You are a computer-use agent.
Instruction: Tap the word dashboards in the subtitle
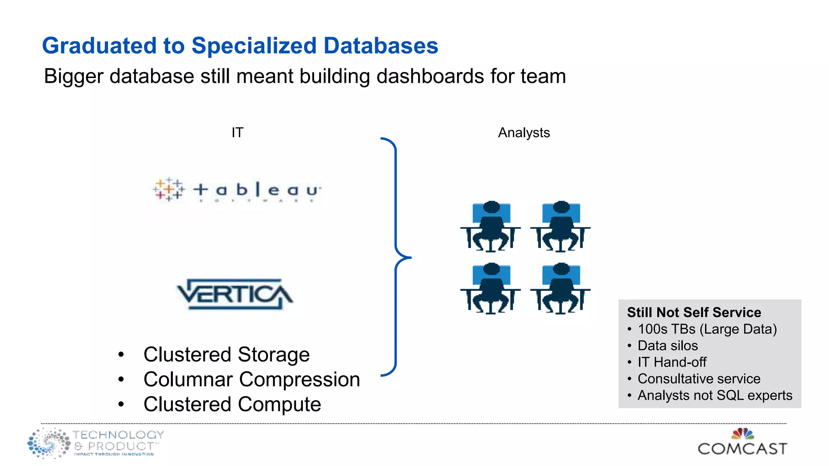pos(430,76)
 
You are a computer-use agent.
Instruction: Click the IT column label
pos(237,133)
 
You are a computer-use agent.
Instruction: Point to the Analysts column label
pos(523,133)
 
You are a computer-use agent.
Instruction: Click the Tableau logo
pos(237,189)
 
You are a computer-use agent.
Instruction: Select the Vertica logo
pos(235,294)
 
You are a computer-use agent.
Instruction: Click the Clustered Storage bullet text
pos(226,355)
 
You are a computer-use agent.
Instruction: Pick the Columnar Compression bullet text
pos(251,379)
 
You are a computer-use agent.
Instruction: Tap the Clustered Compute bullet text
pos(232,405)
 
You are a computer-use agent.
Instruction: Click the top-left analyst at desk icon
pos(491,227)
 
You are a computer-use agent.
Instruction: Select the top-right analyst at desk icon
pos(561,227)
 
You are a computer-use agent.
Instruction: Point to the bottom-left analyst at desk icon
pos(491,288)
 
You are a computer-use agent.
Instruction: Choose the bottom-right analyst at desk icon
pos(561,288)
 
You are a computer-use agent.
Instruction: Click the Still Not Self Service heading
pos(694,312)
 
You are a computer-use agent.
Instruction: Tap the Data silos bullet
pos(667,346)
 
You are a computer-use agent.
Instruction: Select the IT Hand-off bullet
pos(672,362)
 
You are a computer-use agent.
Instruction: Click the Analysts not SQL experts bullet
pos(714,396)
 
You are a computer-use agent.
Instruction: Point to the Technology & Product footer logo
pos(96,443)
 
